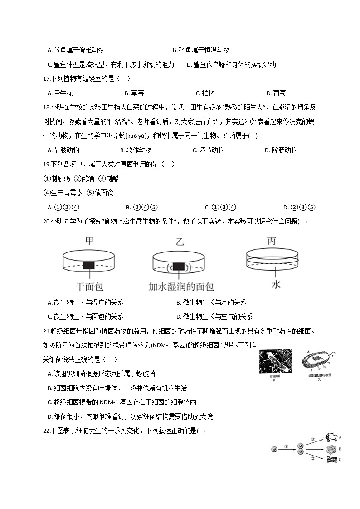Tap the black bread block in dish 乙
click(179, 266)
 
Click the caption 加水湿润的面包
click(181, 286)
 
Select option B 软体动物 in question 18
click(136, 150)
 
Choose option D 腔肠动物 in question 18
click(281, 150)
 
